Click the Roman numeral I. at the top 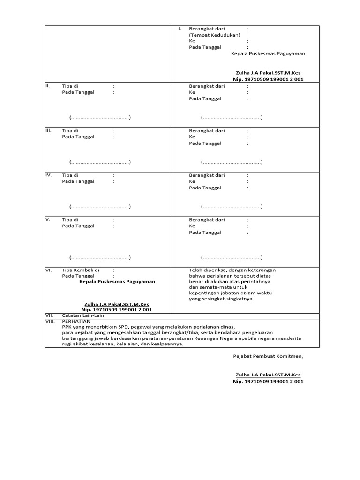[180, 29]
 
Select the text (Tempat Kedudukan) [215, 35]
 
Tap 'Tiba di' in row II [70, 86]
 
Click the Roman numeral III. [48, 130]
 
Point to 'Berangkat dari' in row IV [207, 175]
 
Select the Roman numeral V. [47, 219]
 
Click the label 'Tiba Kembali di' [81, 270]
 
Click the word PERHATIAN [76, 321]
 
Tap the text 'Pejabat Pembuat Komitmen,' [268, 356]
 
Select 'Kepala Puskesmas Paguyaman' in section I [268, 54]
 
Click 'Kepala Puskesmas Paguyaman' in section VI [117, 282]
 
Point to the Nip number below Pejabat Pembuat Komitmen [268, 382]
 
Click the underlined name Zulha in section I [268, 73]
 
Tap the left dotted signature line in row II [100, 117]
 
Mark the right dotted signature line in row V [232, 258]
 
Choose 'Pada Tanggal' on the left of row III [78, 137]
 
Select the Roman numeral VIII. [50, 321]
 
